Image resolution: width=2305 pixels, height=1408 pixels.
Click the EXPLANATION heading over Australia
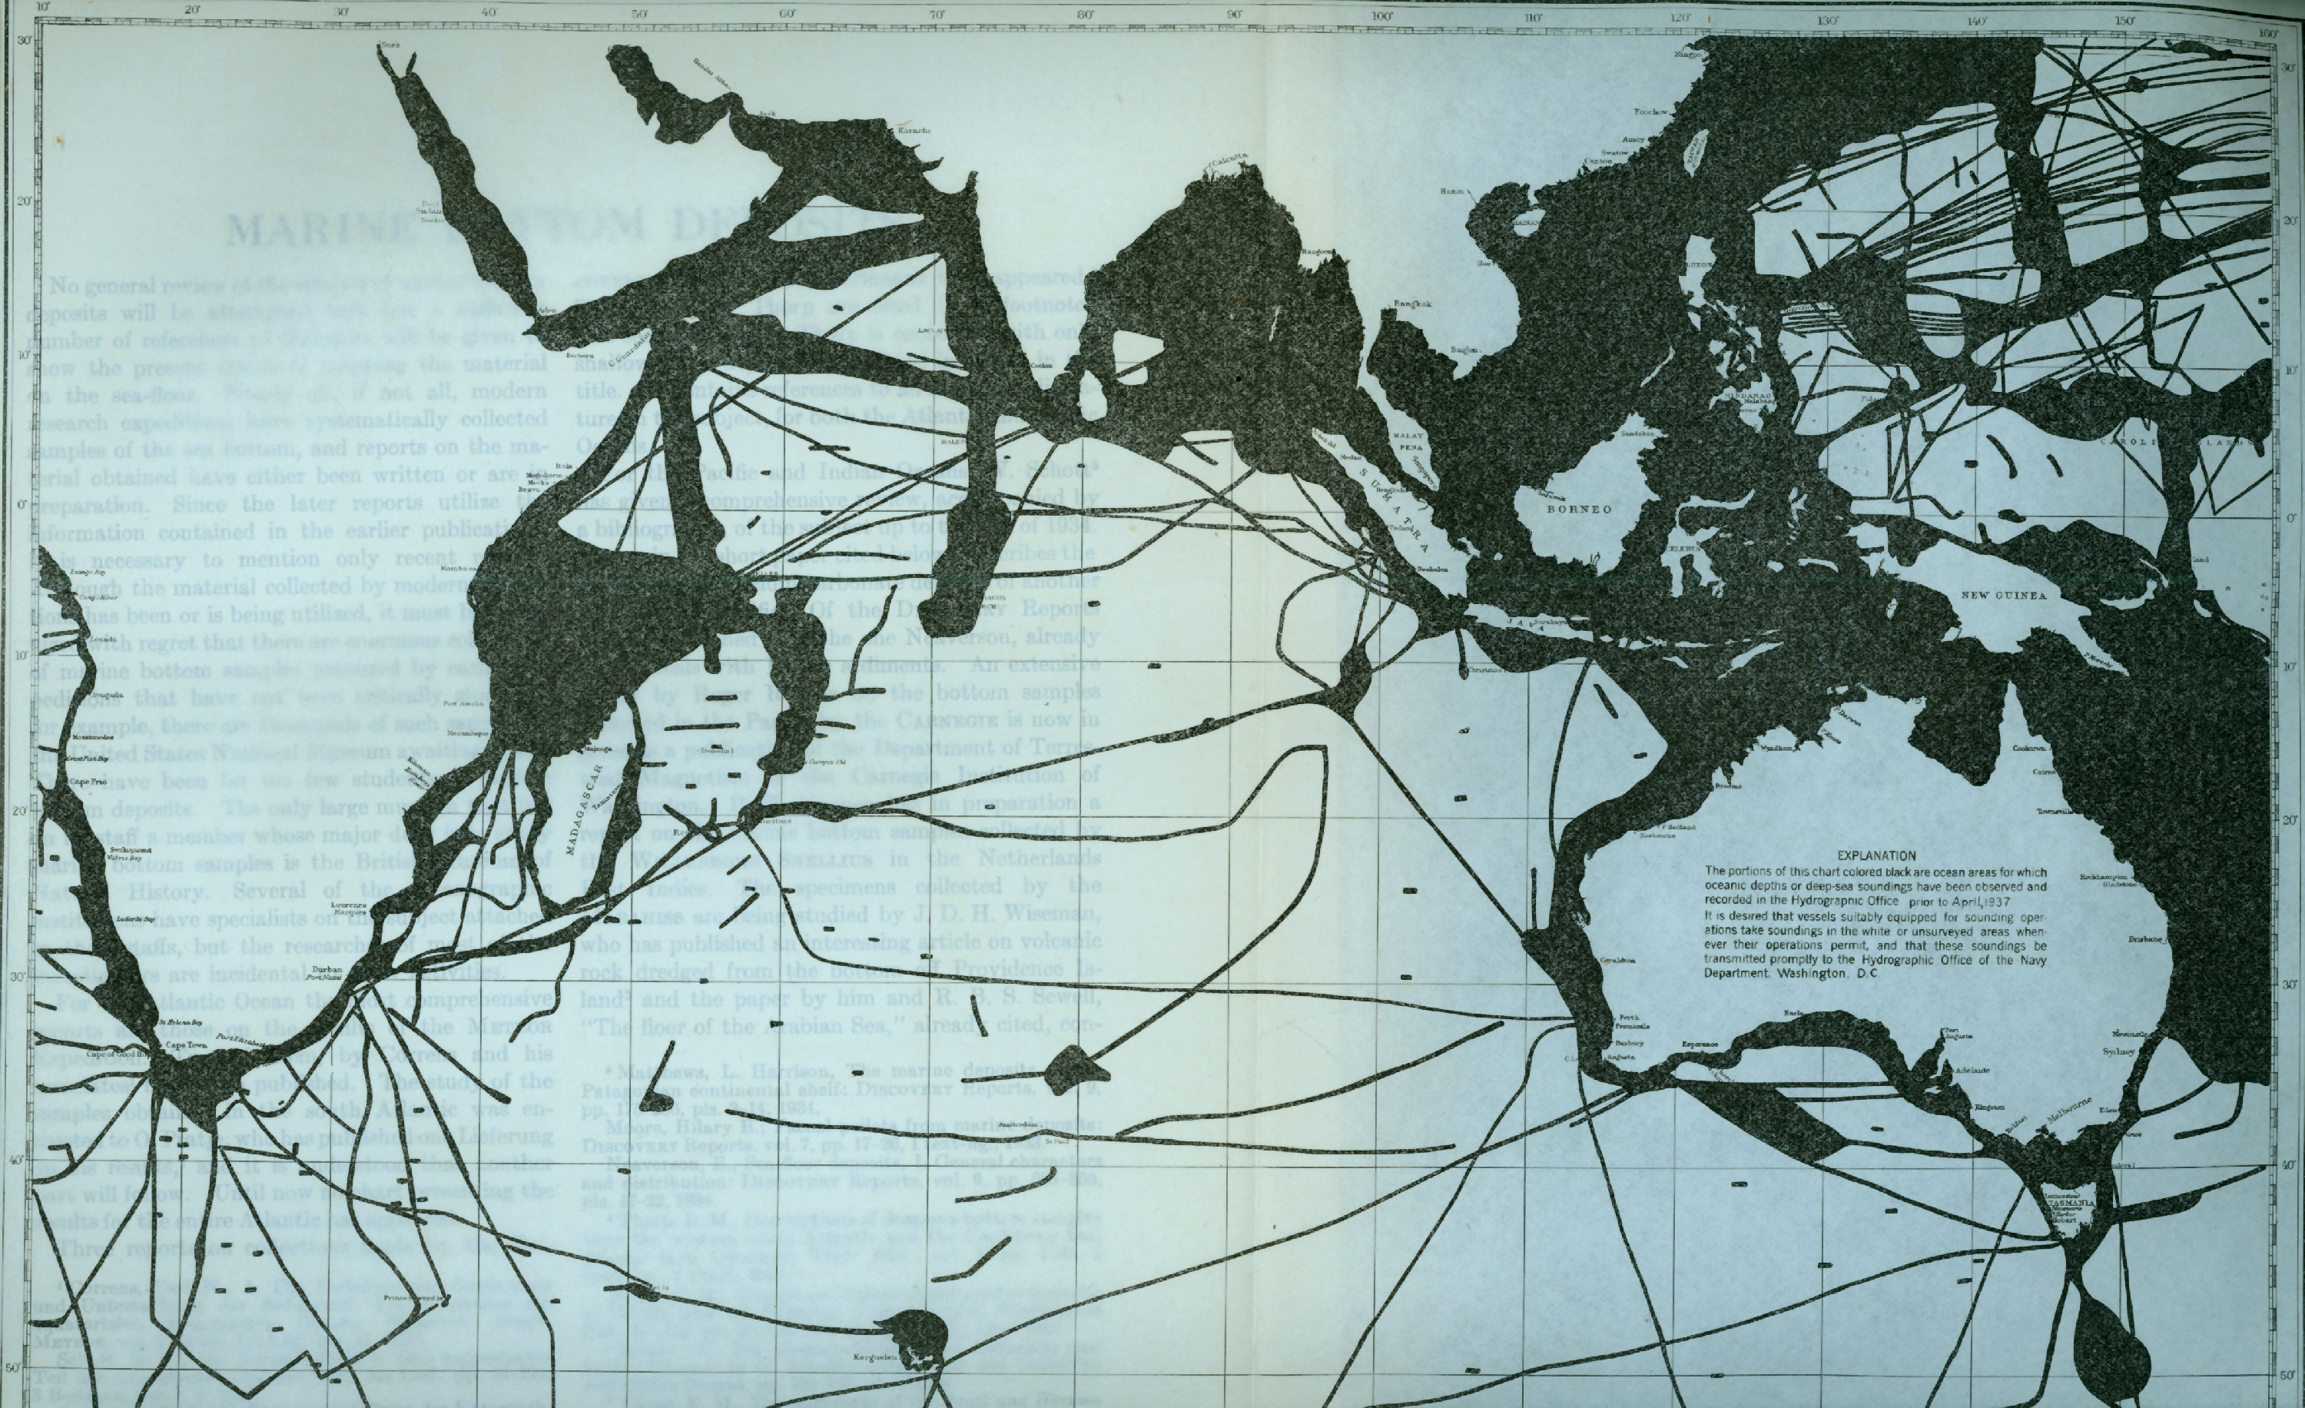(1876, 855)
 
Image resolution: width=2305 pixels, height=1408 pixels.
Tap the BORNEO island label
(1579, 510)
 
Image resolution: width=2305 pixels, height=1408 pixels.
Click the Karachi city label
(914, 130)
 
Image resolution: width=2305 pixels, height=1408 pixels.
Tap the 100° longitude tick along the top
(1383, 16)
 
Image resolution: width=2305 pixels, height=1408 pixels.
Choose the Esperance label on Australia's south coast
(1700, 1044)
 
